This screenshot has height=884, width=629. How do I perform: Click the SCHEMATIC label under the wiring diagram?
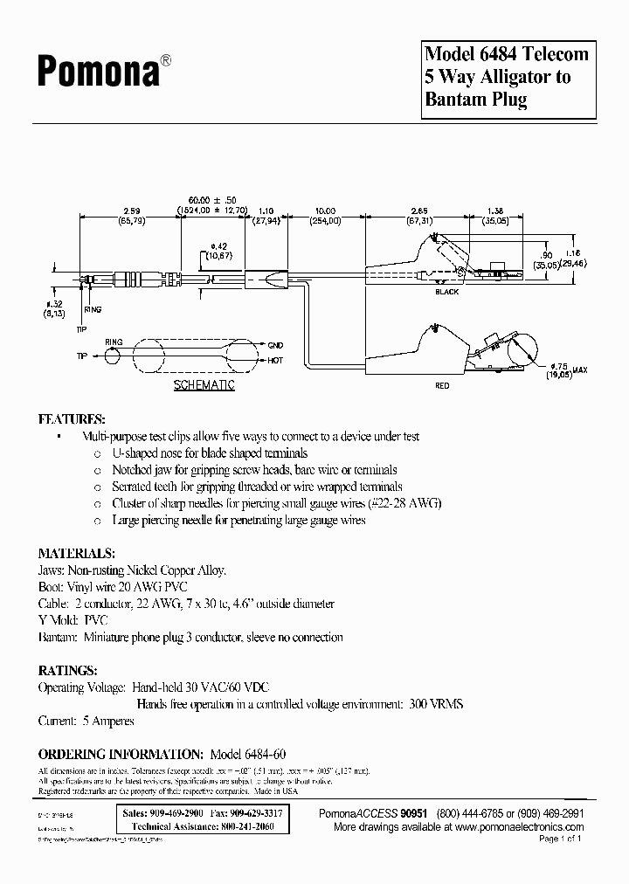click(x=204, y=385)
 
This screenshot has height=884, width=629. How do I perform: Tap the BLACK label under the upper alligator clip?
click(x=447, y=292)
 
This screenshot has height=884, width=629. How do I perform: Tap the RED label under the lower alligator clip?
click(x=443, y=385)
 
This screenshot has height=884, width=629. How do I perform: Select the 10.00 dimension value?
click(x=326, y=211)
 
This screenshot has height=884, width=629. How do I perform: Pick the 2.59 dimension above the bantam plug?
click(x=131, y=211)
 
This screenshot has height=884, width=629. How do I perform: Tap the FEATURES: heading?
click(x=72, y=418)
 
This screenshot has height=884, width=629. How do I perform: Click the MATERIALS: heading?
click(x=76, y=553)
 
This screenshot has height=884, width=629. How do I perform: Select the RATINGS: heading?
click(x=67, y=670)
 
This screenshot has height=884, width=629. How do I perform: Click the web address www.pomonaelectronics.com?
click(x=519, y=825)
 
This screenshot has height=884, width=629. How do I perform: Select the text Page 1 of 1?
click(x=559, y=839)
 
